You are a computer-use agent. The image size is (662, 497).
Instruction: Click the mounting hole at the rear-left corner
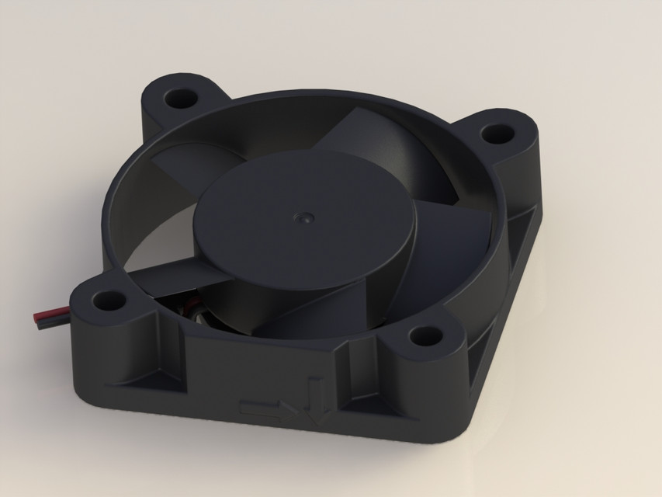182,97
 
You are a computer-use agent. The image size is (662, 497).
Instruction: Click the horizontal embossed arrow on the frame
261,408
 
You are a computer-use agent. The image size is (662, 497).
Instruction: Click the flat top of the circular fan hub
310,233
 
